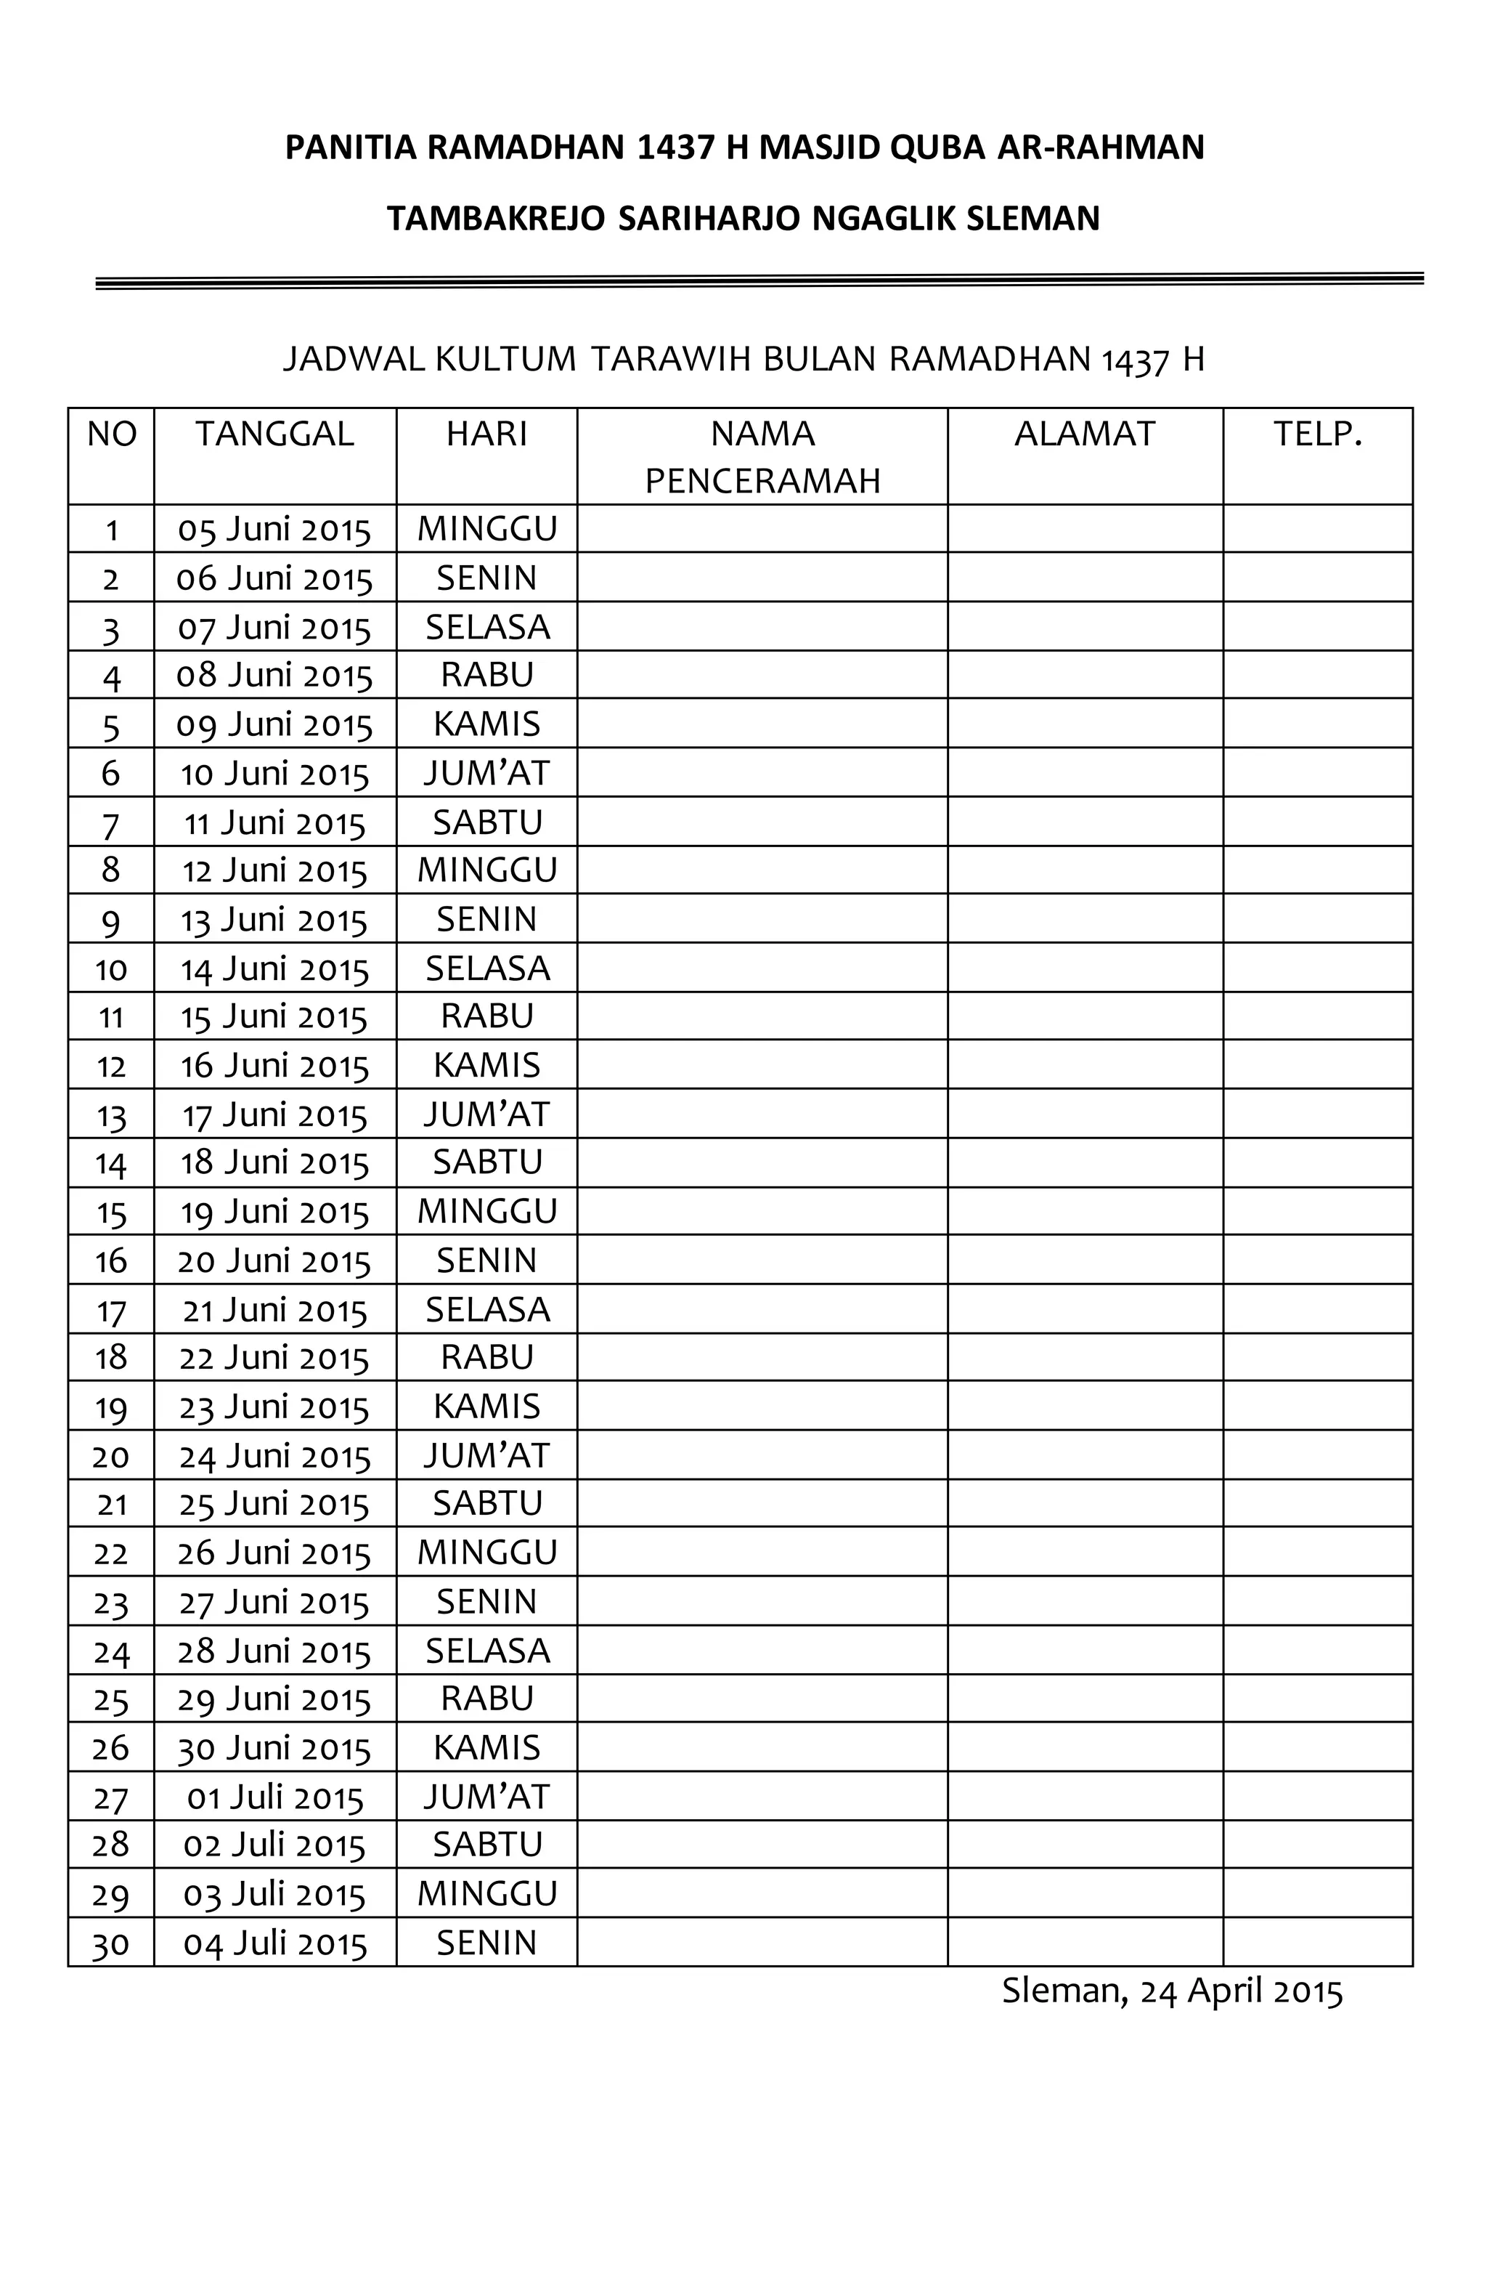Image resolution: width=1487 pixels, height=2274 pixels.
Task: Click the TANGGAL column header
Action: pos(275,434)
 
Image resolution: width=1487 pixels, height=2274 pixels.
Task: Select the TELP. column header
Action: pos(1317,434)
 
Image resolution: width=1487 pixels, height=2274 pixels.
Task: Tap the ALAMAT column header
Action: pos(1084,434)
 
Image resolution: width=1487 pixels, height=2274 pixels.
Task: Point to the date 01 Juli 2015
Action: pos(275,1798)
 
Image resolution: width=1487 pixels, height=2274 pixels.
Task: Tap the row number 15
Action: pos(111,1213)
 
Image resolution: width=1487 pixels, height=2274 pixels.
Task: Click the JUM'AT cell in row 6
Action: pos(487,773)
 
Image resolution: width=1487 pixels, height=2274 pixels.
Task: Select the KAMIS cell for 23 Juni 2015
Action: pos(487,1407)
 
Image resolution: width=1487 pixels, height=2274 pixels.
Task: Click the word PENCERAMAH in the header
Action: pos(762,481)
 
